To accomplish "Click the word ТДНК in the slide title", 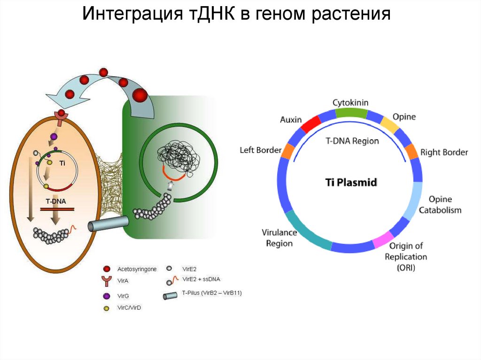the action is pos(209,15).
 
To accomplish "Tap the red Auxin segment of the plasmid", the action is pos(310,124).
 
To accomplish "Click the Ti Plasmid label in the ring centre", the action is pos(351,182).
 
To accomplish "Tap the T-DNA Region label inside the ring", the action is pos(352,141).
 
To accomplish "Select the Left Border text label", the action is pos(260,151).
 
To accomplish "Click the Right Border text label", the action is pos(444,153).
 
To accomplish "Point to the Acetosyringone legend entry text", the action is pos(137,269).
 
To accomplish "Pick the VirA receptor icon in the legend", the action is pos(107,281).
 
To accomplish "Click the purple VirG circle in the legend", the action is pos(107,296).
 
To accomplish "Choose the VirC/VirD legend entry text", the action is pos(129,308).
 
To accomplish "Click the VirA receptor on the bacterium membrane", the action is pos(61,115).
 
